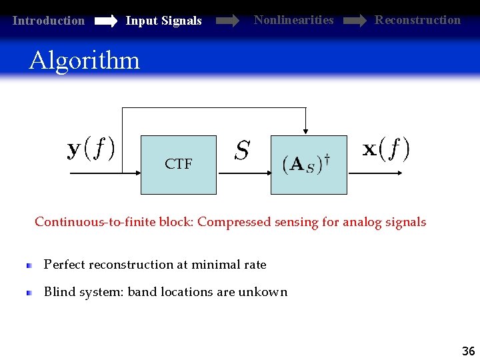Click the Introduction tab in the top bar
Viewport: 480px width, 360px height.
tap(49, 21)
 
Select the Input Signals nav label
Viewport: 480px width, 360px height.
tap(163, 21)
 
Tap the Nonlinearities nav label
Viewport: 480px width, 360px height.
tap(293, 20)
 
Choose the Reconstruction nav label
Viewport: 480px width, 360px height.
tap(417, 20)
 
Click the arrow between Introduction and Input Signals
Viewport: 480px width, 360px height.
tap(105, 21)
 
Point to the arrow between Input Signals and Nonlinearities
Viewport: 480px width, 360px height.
tap(227, 21)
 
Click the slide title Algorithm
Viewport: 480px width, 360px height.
tap(84, 61)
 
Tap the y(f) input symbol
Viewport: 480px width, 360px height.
tap(91, 148)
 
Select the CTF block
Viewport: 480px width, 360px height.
tap(178, 165)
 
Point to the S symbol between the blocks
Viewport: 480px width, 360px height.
tap(242, 151)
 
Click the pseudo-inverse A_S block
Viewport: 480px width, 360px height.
tap(308, 165)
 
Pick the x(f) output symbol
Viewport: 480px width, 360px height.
tap(386, 149)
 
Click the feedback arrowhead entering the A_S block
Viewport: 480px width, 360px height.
tap(305, 130)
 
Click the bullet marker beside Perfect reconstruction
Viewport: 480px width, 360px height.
tap(29, 265)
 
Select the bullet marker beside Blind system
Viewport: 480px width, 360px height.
tap(29, 292)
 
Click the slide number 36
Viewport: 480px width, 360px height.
tap(468, 351)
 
